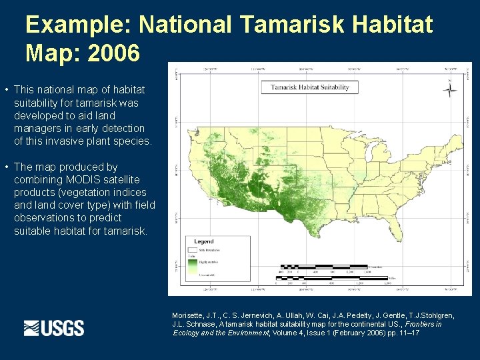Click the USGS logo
point(54,328)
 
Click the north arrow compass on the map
point(451,90)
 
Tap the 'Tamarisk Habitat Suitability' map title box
point(314,87)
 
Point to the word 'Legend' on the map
point(204,241)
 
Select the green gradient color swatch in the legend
point(193,267)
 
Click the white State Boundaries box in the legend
point(192,250)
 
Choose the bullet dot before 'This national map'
point(6,90)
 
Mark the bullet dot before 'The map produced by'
point(6,167)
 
